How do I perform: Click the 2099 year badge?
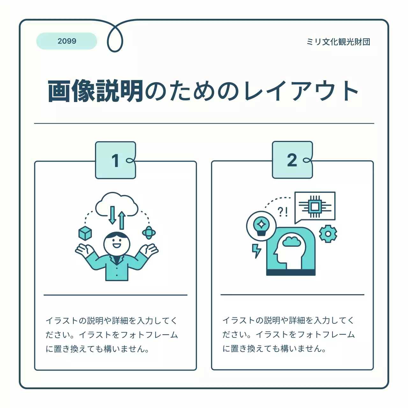pyautogui.click(x=67, y=41)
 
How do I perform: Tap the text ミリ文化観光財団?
pyautogui.click(x=338, y=42)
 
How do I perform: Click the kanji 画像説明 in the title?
pyautogui.click(x=96, y=91)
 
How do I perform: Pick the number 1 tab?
pyautogui.click(x=115, y=160)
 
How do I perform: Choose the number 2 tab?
pyautogui.click(x=292, y=160)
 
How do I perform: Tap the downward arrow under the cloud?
pyautogui.click(x=113, y=215)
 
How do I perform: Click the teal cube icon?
pyautogui.click(x=85, y=233)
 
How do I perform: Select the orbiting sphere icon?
pyautogui.click(x=149, y=233)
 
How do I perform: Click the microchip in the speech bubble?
pyautogui.click(x=315, y=207)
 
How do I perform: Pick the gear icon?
pyautogui.click(x=328, y=234)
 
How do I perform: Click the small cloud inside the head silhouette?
pyautogui.click(x=292, y=241)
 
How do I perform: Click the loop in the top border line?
pyautogui.click(x=115, y=38)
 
